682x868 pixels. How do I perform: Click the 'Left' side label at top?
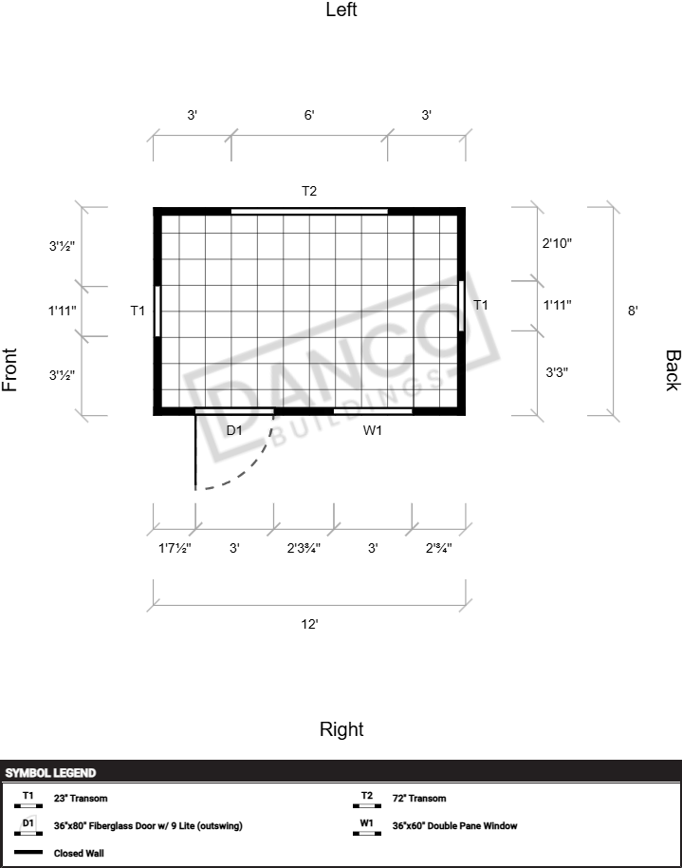point(341,9)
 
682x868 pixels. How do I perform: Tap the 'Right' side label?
point(341,729)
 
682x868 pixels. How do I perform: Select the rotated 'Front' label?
point(9,369)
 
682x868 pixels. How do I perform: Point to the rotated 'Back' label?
point(673,370)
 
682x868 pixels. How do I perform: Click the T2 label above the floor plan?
point(309,191)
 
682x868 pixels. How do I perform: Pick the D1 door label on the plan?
point(234,430)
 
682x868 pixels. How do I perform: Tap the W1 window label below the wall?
point(372,430)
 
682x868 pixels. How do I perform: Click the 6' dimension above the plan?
point(309,115)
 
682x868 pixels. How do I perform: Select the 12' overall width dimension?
point(309,624)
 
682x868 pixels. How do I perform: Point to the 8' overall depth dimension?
point(633,311)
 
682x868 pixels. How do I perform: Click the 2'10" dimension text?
point(557,243)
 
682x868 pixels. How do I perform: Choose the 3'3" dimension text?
point(557,372)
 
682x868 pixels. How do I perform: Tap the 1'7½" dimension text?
point(175,548)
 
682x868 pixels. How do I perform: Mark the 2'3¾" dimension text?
point(304,548)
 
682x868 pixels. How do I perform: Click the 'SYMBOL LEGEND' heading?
point(51,773)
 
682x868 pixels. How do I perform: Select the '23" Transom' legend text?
point(81,799)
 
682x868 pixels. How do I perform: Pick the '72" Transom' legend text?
point(419,799)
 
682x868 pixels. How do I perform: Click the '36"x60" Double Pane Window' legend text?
point(454,825)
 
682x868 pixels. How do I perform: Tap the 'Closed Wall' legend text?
point(79,853)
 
